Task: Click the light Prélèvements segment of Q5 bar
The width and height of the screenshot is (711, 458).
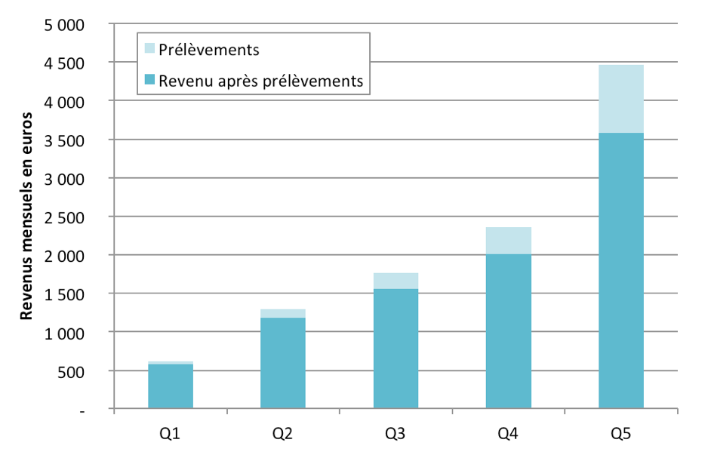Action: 620,99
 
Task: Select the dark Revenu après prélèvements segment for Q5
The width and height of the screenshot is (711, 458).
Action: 620,272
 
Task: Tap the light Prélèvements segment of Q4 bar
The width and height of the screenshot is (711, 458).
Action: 508,241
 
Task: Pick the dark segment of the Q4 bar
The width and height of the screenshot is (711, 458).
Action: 508,332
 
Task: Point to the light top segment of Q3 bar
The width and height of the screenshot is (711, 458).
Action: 396,281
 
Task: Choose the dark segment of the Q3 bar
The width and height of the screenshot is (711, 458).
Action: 396,349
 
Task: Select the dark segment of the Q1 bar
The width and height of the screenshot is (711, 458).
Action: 171,387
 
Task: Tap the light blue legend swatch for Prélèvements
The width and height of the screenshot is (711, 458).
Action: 150,50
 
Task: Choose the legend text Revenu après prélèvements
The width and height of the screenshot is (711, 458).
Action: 261,80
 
